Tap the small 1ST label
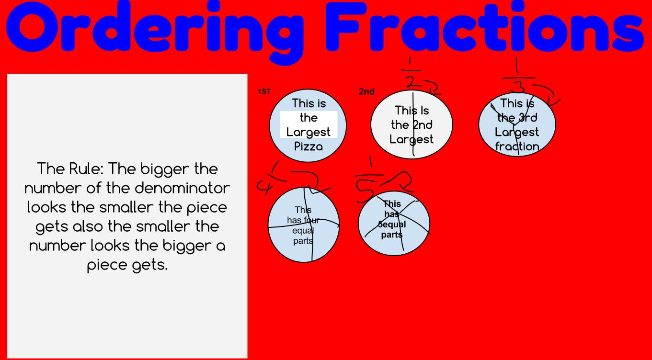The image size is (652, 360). click(264, 91)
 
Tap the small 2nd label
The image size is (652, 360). click(366, 91)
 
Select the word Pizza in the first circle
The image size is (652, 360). click(308, 146)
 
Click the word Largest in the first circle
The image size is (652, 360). click(308, 132)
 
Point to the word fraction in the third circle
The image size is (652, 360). click(517, 146)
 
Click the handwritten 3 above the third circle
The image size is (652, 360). click(517, 88)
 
